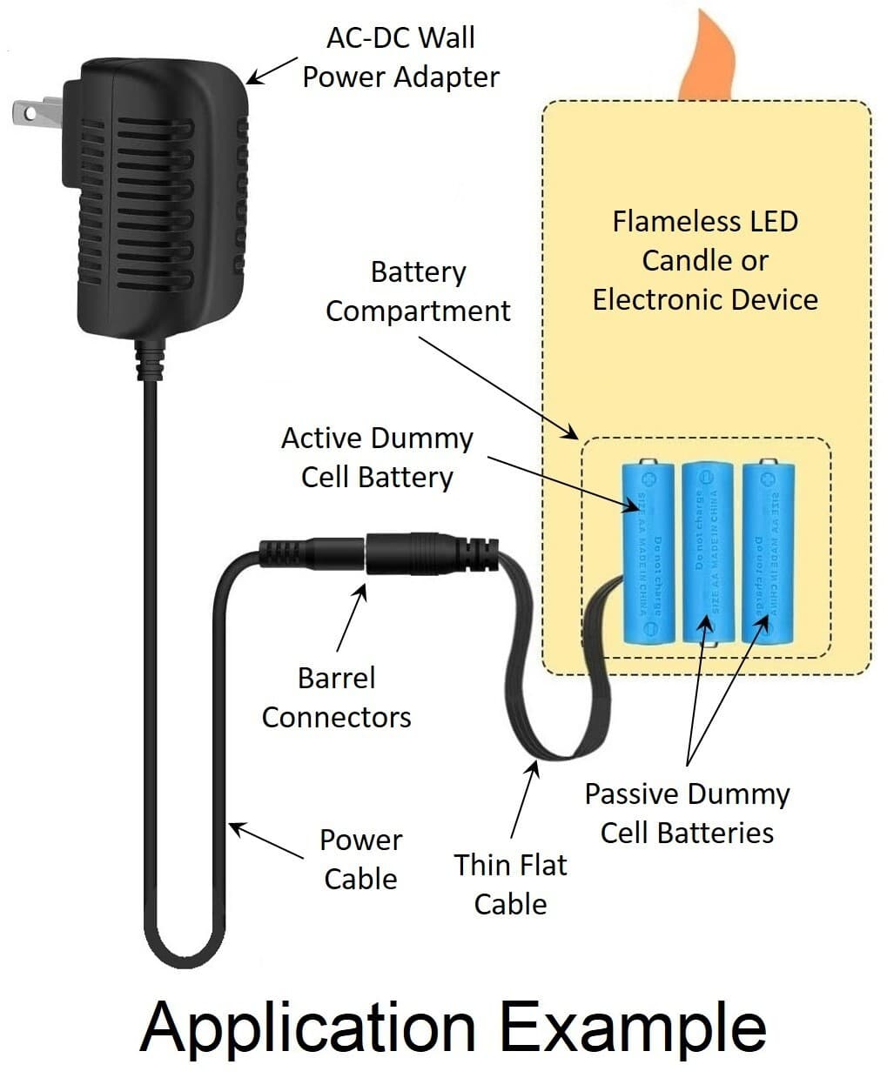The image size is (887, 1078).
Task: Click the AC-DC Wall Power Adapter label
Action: click(x=400, y=57)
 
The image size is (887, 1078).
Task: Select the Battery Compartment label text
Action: click(x=418, y=291)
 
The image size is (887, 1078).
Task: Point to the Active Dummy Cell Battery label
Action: click(x=377, y=458)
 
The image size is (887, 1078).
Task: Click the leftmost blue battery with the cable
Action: click(x=648, y=552)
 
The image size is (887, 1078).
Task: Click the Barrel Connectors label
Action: click(x=337, y=697)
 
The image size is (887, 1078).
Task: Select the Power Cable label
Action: click(x=360, y=859)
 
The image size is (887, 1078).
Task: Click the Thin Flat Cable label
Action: click(x=511, y=884)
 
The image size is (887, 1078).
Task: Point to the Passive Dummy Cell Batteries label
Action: click(x=687, y=813)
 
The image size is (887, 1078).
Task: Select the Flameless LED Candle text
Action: click(x=705, y=241)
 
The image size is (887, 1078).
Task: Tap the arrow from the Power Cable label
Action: click(x=266, y=841)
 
